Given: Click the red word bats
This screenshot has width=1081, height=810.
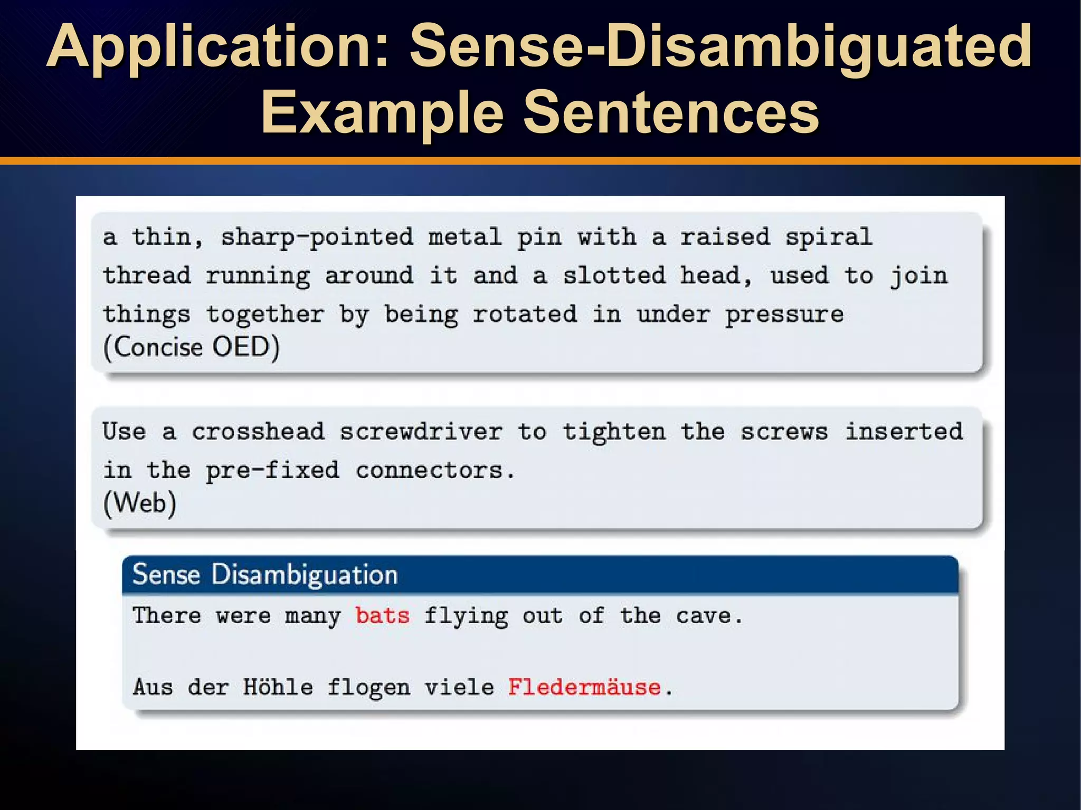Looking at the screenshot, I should tap(382, 616).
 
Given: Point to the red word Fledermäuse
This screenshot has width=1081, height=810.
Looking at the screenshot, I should tap(584, 687).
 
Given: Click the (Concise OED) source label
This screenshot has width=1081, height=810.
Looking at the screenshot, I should tap(192, 348).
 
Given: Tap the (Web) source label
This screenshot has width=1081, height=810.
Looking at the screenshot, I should tap(140, 503).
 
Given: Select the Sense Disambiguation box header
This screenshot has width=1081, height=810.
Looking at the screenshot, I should tap(265, 574).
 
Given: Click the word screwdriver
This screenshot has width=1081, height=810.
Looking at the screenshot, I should tap(421, 432).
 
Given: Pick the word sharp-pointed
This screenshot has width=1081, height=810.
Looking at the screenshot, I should tap(317, 237).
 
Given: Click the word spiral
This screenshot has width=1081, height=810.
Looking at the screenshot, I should tap(829, 237).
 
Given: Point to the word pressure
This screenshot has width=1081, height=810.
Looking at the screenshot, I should tap(784, 315).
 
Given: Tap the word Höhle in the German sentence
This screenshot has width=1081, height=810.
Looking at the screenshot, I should tap(278, 687).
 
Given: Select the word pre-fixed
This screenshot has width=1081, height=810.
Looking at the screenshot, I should tap(272, 470).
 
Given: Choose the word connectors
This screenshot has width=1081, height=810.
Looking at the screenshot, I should tap(429, 470).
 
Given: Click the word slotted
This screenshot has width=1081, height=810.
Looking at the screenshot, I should tap(614, 275).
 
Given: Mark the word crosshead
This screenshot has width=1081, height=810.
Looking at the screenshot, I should tap(258, 432).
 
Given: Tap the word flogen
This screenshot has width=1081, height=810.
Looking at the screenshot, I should tap(368, 688).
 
